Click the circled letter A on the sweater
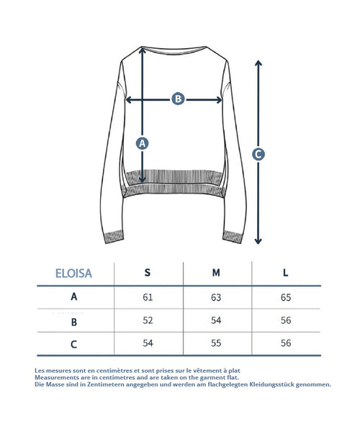[x=142, y=143]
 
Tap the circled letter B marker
[x=178, y=99]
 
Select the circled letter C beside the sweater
[x=258, y=155]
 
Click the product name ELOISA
[x=73, y=273]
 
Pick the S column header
[x=148, y=273]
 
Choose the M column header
[x=216, y=273]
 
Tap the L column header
[x=286, y=273]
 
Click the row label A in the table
[x=74, y=296]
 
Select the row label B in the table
[x=74, y=322]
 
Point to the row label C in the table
[x=73, y=344]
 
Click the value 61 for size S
[x=148, y=297]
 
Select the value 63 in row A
[x=216, y=297]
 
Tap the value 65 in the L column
[x=286, y=297]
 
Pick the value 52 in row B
[x=148, y=320]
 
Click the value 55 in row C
[x=216, y=343]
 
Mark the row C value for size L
[x=286, y=343]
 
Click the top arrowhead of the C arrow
[x=258, y=63]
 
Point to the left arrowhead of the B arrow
[x=128, y=100]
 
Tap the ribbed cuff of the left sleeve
[x=114, y=236]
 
